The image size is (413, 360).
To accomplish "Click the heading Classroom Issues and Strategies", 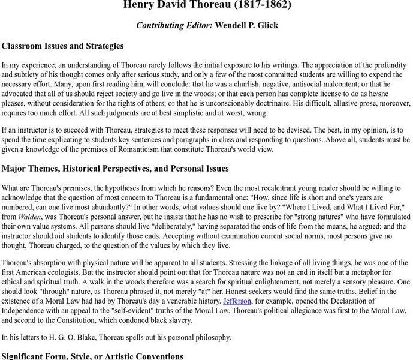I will [x=62, y=46].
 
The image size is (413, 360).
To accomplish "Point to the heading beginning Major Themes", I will [x=115, y=169].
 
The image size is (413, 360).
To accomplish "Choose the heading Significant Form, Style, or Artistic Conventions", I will [x=92, y=356].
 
